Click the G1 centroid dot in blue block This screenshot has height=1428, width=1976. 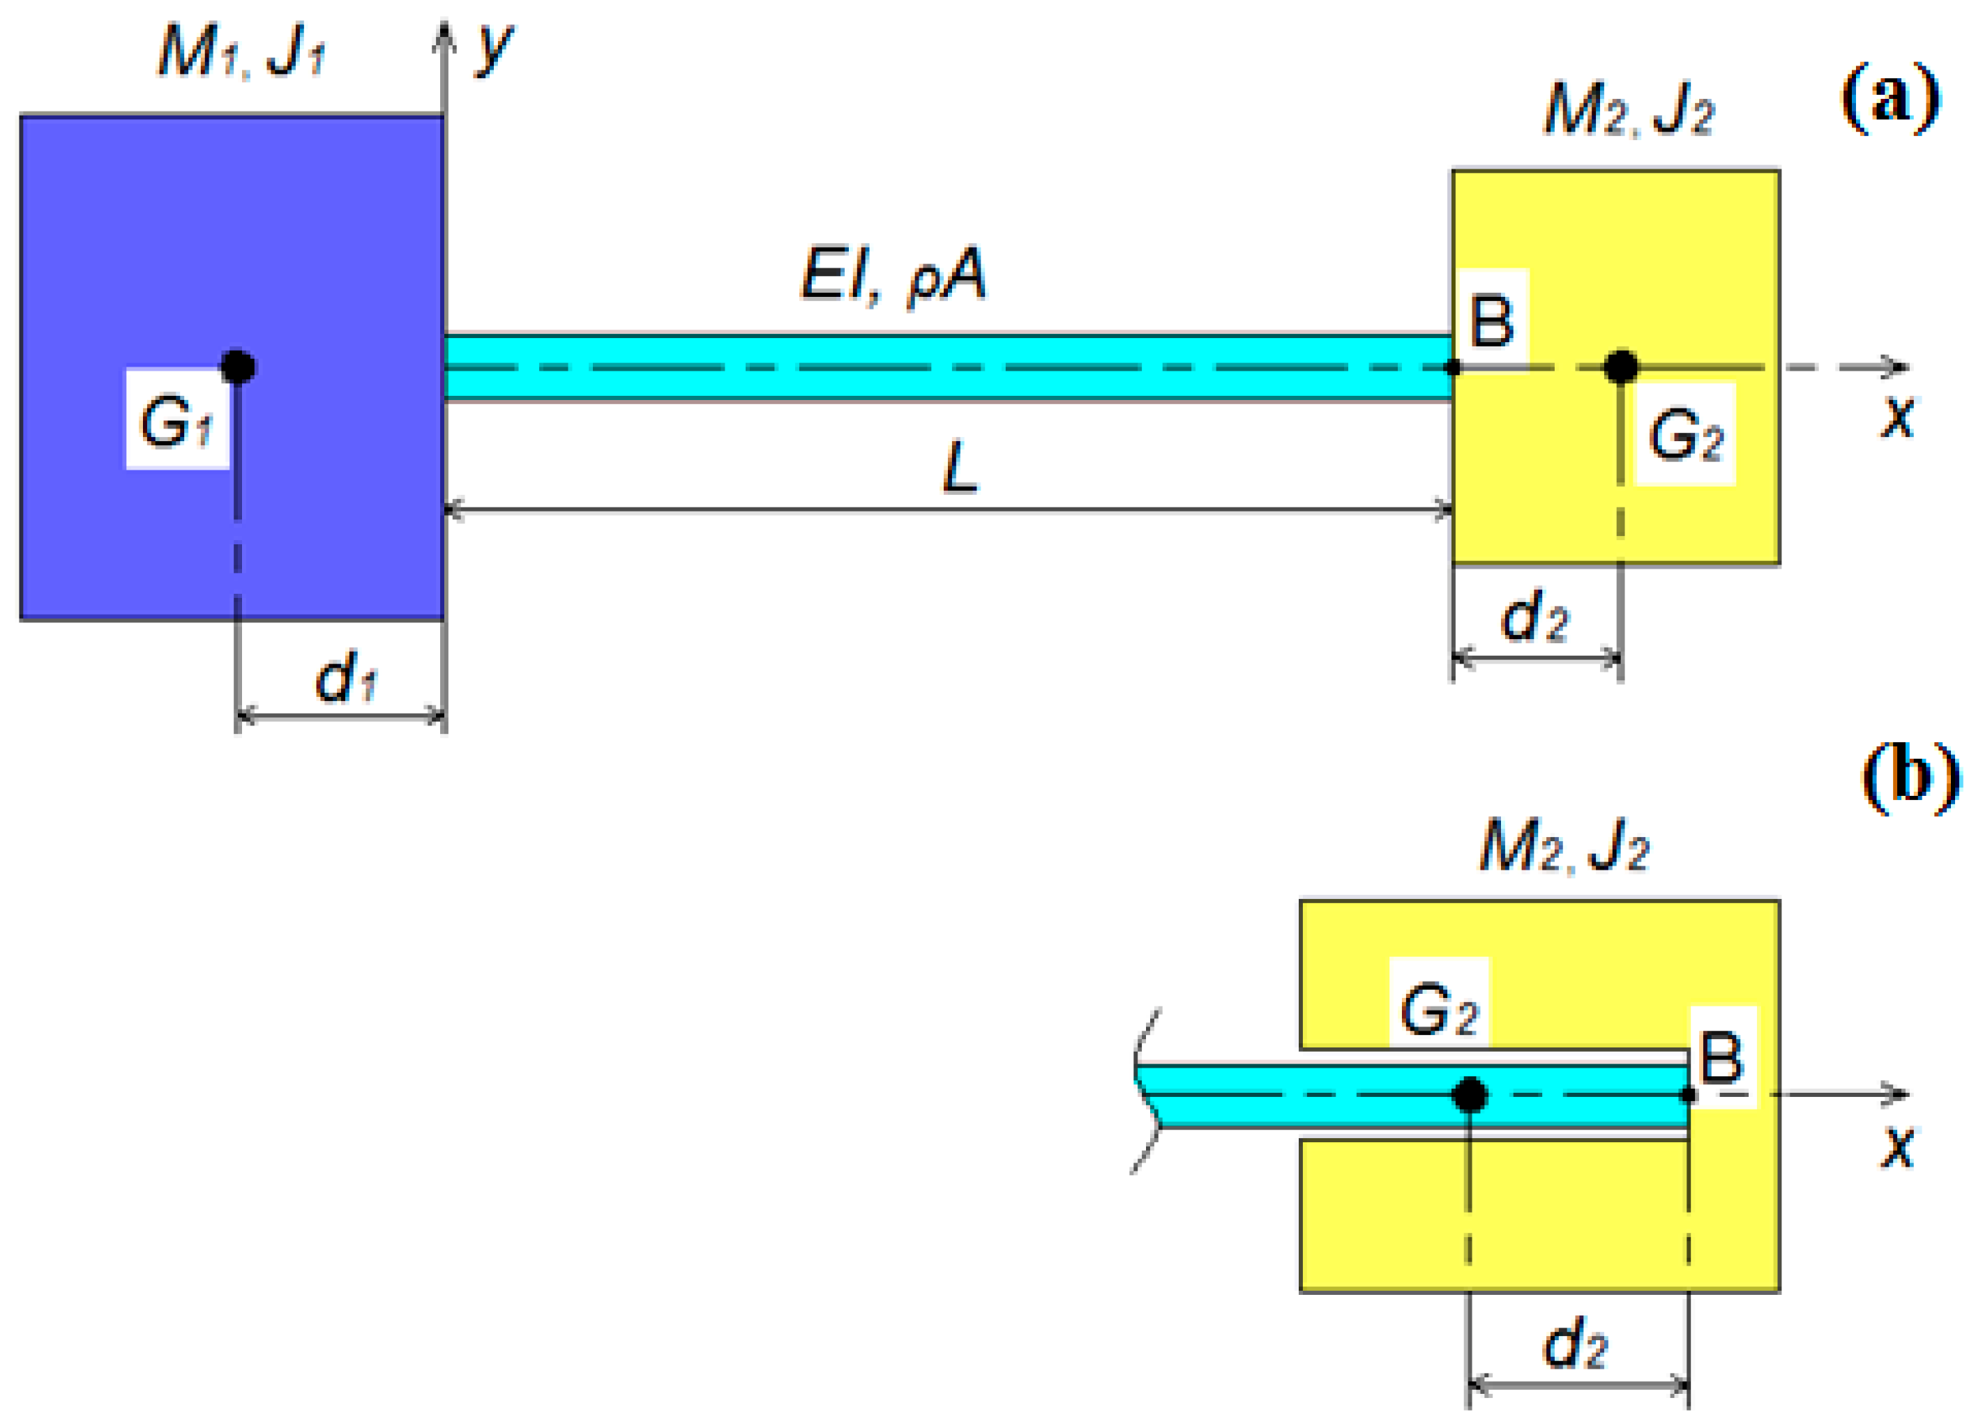pyautogui.click(x=238, y=367)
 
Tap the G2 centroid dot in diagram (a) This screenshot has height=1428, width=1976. pyautogui.click(x=1620, y=367)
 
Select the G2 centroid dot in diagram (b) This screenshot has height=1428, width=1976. pyautogui.click(x=1470, y=1094)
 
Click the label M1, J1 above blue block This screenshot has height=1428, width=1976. pyautogui.click(x=241, y=52)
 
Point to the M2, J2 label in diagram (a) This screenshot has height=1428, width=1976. pyautogui.click(x=1629, y=112)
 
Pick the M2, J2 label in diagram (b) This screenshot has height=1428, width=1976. pyautogui.click(x=1564, y=846)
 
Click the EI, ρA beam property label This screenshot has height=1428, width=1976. pyautogui.click(x=893, y=275)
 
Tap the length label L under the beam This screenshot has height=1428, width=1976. pyautogui.click(x=960, y=468)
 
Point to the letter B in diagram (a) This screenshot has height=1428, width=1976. pyautogui.click(x=1491, y=321)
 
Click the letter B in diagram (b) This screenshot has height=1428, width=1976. pyautogui.click(x=1721, y=1058)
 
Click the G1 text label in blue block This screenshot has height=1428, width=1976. pyautogui.click(x=177, y=422)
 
